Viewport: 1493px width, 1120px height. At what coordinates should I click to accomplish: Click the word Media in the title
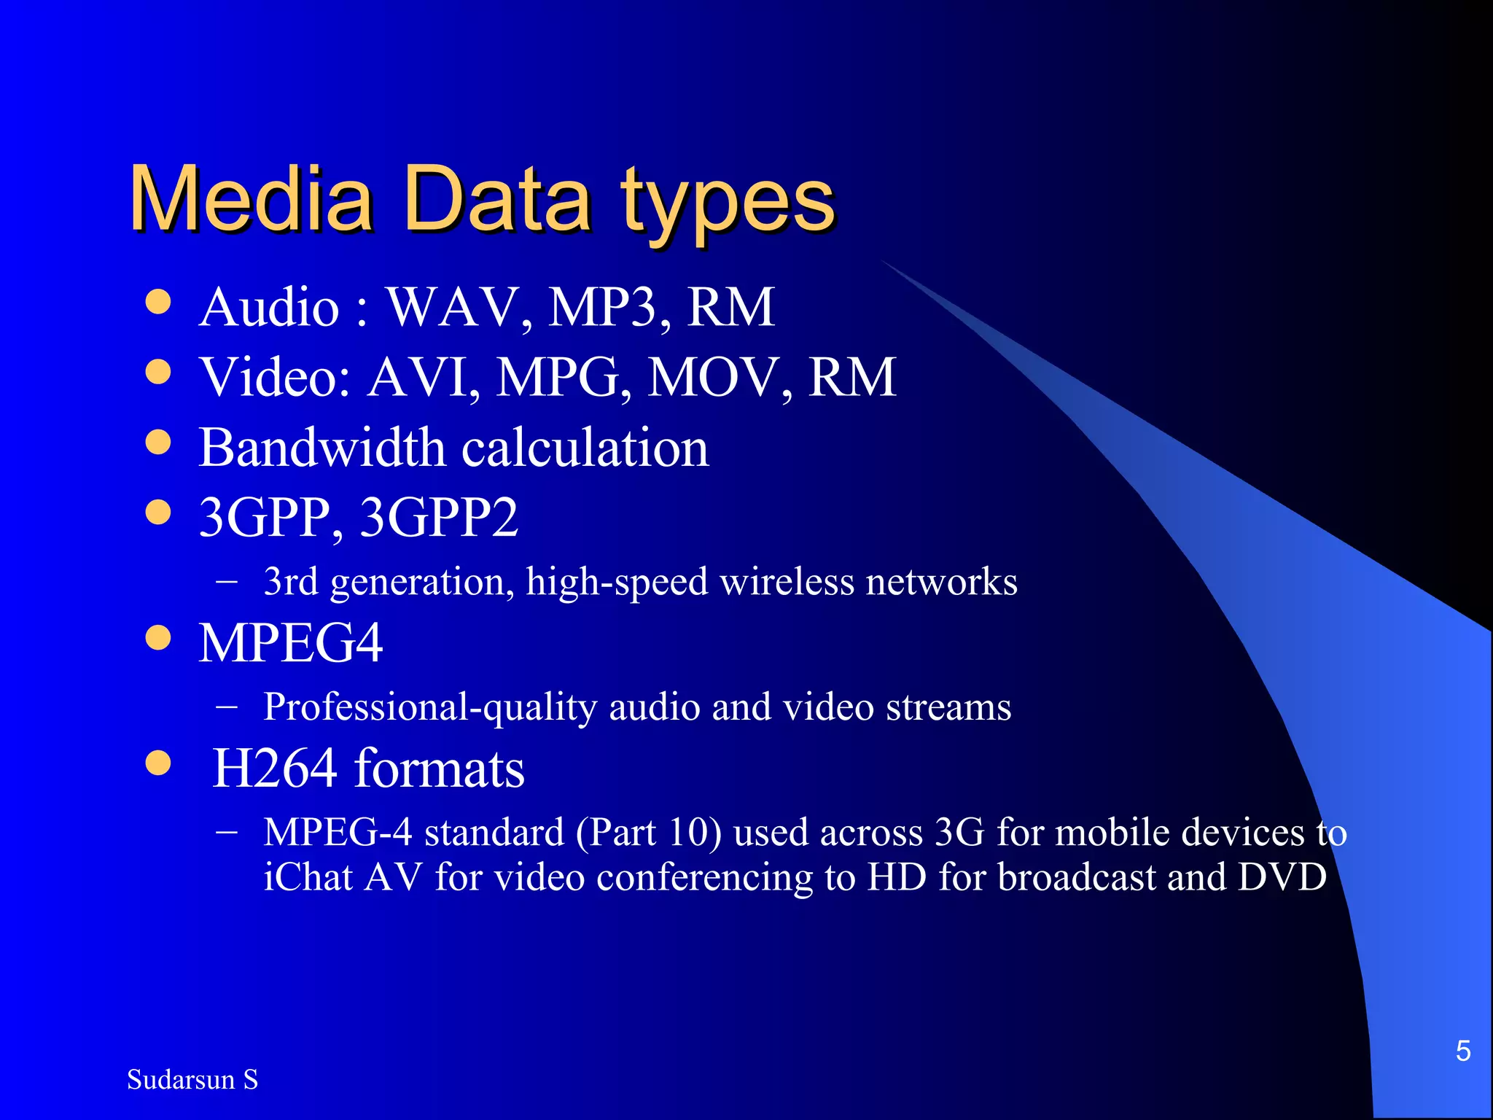click(251, 198)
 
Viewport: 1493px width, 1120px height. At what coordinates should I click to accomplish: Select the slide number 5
click(1462, 1051)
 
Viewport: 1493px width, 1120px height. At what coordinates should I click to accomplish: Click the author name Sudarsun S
click(192, 1079)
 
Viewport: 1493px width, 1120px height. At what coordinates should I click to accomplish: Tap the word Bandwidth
click(321, 447)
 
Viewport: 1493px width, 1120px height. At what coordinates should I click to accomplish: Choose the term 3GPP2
click(439, 517)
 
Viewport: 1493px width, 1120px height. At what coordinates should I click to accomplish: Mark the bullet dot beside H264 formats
click(157, 763)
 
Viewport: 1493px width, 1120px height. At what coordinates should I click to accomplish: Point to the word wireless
click(787, 582)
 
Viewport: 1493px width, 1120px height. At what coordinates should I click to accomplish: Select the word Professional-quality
click(430, 707)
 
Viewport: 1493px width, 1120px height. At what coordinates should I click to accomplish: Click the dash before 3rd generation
click(227, 582)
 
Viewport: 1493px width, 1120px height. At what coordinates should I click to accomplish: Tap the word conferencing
click(704, 878)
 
